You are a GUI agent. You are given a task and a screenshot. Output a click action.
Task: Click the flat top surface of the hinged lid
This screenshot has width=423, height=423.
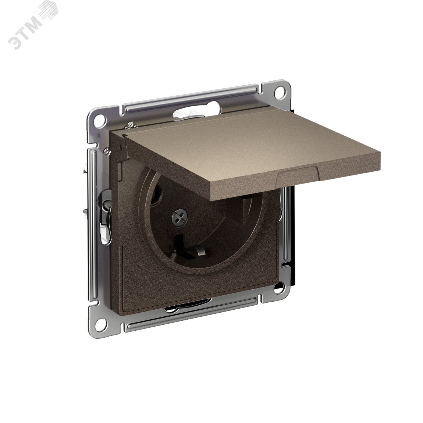[206, 147]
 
